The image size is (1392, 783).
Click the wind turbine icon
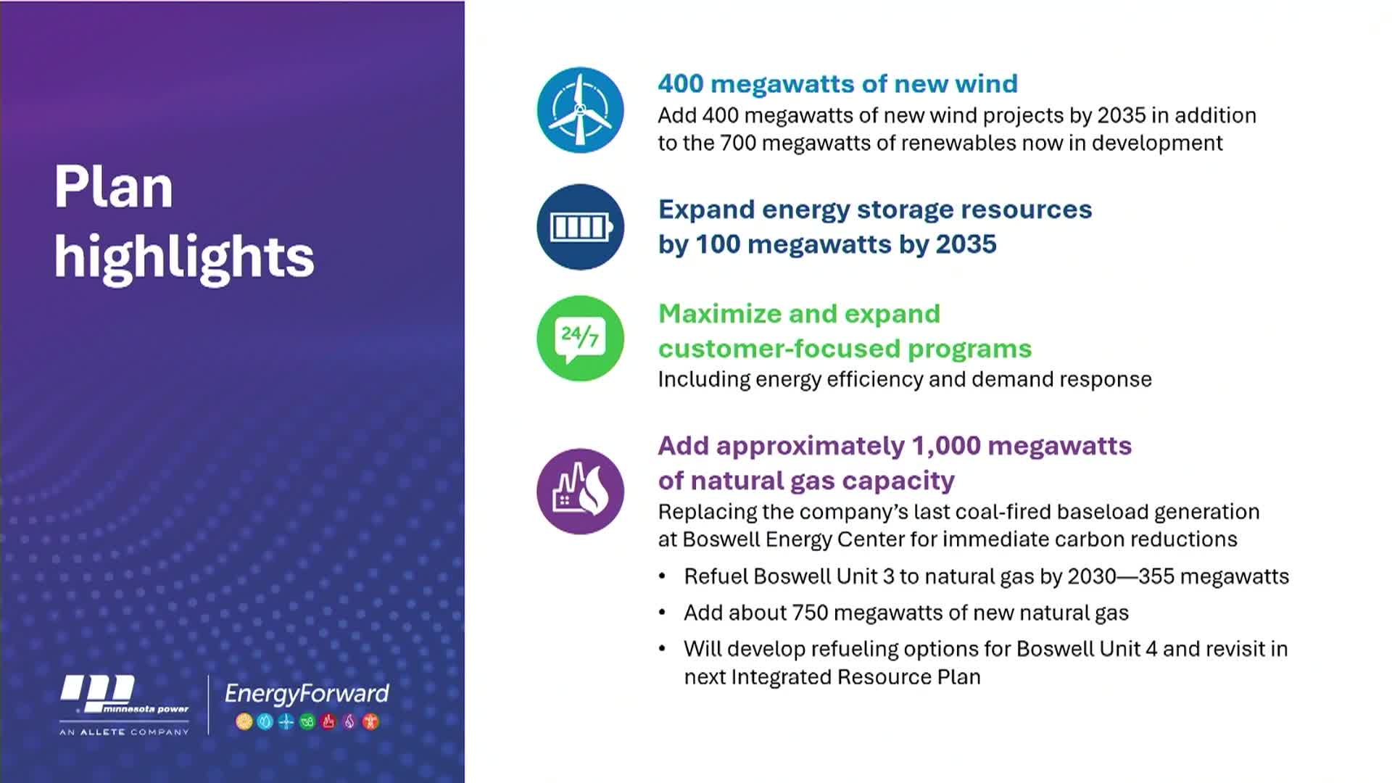(580, 110)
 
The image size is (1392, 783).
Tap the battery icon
(580, 227)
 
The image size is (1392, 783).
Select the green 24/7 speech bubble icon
(580, 338)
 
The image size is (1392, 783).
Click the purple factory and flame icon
(580, 491)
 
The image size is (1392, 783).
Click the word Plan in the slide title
(114, 187)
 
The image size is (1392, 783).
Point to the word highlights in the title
(184, 257)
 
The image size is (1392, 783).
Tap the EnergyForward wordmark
(307, 694)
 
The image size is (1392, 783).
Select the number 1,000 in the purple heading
(945, 446)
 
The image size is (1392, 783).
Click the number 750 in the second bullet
(810, 613)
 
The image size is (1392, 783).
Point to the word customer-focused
(779, 349)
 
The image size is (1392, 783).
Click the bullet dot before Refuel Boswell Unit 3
(662, 576)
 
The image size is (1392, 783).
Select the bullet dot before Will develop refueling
(662, 648)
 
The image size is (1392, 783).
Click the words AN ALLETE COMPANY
(124, 732)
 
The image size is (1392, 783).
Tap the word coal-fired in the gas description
(1003, 512)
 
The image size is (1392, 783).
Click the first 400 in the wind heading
(681, 84)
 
